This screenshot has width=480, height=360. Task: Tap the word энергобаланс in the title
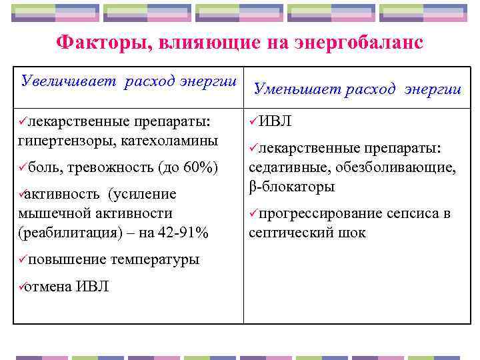(356, 43)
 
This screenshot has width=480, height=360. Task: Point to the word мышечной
(48, 213)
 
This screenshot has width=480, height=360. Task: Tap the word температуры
(155, 259)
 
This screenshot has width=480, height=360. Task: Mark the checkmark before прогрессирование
(253, 213)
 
